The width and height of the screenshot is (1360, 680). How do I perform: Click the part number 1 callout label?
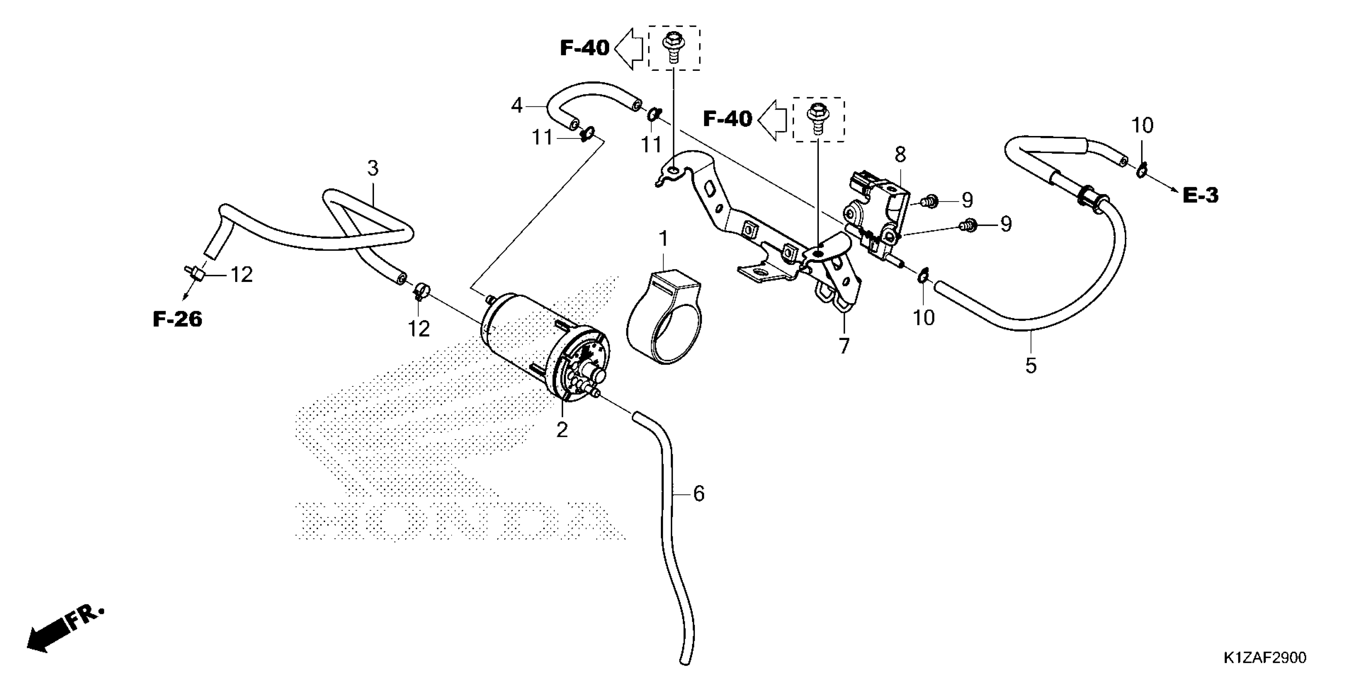663,239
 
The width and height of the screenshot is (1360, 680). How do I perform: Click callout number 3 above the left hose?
373,169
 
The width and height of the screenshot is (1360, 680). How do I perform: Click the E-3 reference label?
1200,196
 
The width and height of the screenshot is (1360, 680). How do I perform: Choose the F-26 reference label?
177,320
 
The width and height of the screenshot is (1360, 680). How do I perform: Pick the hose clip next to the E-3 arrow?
1140,170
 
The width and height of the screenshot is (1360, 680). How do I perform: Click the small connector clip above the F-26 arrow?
195,273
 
